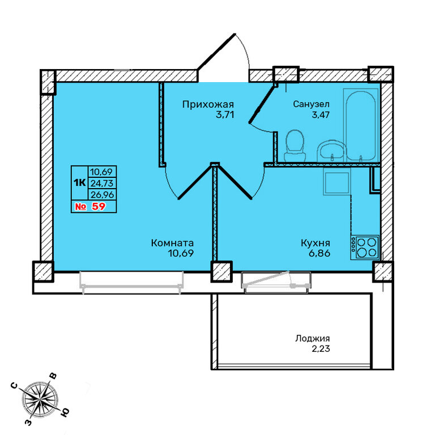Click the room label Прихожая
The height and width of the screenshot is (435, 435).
tap(208, 105)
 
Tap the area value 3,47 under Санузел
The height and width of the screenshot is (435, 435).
tap(321, 114)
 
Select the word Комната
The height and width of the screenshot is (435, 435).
tap(172, 243)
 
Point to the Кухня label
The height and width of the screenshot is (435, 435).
tap(315, 243)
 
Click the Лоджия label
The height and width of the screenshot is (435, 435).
tap(313, 339)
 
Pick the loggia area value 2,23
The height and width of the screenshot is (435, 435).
tap(321, 348)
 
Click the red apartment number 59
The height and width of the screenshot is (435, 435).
tap(99, 206)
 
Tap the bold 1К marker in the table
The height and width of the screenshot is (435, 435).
tap(79, 182)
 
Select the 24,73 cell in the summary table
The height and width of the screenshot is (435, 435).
tap(102, 184)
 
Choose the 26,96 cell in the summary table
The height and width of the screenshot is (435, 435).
tap(102, 194)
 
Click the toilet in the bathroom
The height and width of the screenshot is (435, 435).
tap(295, 146)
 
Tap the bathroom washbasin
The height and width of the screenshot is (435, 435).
tap(331, 151)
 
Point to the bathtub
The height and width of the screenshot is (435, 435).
tap(361, 125)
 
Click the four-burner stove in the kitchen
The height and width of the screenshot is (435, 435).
tap(365, 248)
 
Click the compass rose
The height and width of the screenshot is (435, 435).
tap(41, 399)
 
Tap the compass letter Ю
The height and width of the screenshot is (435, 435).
tap(65, 412)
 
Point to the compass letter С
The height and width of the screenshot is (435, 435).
tap(14, 386)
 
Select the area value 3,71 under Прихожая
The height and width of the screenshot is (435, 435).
tap(225, 114)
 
